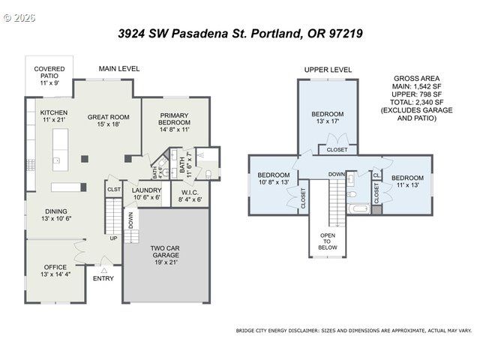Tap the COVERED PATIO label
click(x=49, y=74)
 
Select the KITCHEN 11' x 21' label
click(x=53, y=116)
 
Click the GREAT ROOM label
click(x=109, y=121)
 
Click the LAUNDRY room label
click(x=146, y=193)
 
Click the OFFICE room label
click(x=55, y=271)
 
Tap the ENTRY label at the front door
click(x=103, y=278)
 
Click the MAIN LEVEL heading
click(x=119, y=69)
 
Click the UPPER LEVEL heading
click(x=328, y=70)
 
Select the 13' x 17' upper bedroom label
click(x=328, y=118)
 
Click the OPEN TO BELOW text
click(x=328, y=241)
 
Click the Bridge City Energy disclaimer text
click(x=354, y=330)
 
